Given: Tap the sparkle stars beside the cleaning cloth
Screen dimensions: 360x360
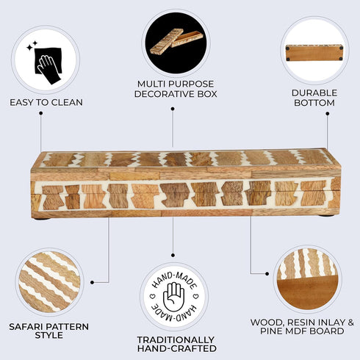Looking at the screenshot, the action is pos(32,46).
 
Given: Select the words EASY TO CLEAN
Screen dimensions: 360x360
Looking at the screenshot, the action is pos(46,102).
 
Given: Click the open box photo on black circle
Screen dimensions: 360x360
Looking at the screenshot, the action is pos(176,42).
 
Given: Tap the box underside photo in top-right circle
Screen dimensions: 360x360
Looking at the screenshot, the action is pos(314,52).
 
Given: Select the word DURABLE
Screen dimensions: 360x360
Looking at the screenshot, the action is pos(314,93).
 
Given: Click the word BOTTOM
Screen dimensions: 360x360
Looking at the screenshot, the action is pos(314,103).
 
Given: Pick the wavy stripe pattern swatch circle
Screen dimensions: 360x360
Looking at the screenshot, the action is pos(49,282).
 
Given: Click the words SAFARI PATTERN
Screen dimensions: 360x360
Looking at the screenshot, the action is pos(49,327).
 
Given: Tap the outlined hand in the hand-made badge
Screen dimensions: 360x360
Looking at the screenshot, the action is pos(173,297).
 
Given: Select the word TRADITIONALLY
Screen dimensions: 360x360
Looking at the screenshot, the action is pos(176,340).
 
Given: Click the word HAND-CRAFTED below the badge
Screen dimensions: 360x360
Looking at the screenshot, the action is pos(177,348).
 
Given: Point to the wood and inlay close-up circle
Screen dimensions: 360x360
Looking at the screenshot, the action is pos(308,279).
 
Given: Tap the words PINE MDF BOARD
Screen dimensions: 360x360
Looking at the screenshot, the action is pos(302,331).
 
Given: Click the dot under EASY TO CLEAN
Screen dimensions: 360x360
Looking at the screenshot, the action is pos(41,113).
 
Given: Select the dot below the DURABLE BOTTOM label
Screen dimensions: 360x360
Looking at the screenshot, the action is pos(328,114).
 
